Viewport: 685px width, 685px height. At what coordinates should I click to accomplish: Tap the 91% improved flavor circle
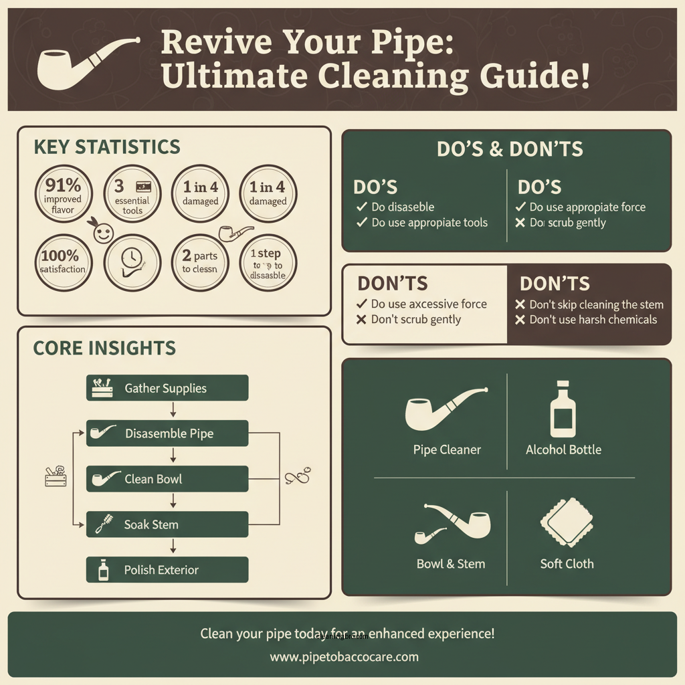point(64,195)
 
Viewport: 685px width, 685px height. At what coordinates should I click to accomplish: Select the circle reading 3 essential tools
point(132,195)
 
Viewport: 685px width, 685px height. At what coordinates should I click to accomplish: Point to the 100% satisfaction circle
point(64,262)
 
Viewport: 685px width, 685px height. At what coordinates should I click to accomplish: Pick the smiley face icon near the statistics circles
point(102,233)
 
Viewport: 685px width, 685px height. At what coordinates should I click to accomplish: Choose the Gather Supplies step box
point(167,388)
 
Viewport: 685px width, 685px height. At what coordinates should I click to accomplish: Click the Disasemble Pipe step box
point(167,433)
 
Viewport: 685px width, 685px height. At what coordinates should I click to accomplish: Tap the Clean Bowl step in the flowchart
point(167,479)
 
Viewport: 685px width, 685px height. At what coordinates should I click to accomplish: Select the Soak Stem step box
point(167,524)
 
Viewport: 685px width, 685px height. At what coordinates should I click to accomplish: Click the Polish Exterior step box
point(167,570)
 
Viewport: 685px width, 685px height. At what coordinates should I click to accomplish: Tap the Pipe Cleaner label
point(447,450)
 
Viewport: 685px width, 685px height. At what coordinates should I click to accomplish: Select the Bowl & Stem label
point(450,563)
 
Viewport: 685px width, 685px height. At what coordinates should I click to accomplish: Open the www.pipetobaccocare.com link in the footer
point(344,656)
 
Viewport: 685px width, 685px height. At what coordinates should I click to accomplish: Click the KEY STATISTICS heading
point(106,147)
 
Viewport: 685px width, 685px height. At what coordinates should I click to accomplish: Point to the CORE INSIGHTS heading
point(104,348)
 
